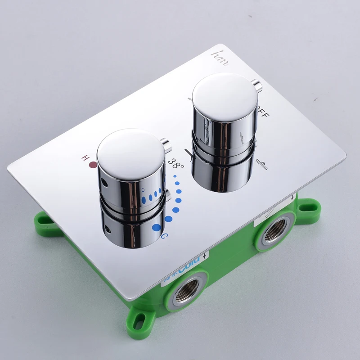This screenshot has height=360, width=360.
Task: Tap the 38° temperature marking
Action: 176,163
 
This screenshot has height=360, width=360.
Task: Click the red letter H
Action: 84,158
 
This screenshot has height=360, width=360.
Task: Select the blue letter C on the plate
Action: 165,236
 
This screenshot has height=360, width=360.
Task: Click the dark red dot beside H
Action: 94,165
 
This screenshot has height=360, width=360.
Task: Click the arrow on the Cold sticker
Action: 206,255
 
